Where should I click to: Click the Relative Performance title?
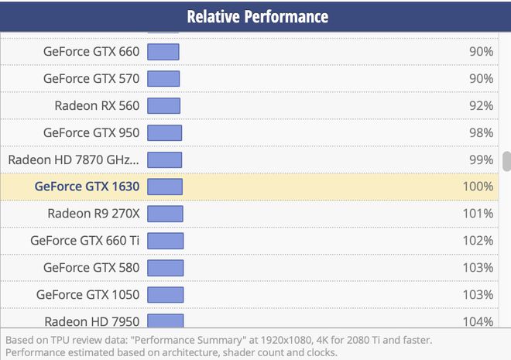tap(257, 17)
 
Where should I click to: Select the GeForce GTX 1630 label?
tap(87, 187)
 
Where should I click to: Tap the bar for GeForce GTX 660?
tap(163, 52)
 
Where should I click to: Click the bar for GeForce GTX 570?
tap(163, 79)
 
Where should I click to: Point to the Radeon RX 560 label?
tap(97, 105)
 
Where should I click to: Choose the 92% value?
tap(481, 105)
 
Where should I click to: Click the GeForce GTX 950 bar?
tap(164, 132)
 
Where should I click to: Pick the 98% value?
tap(481, 132)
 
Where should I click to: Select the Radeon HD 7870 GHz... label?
tap(74, 159)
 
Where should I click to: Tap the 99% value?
tap(481, 159)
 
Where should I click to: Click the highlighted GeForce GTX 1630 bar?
tap(165, 187)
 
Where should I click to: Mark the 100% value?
tap(478, 187)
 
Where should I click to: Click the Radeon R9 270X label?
tap(93, 214)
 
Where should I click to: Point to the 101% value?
tap(478, 214)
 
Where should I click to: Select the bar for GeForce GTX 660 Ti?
tap(165, 241)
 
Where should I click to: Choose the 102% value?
tap(478, 241)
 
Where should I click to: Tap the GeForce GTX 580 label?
tap(91, 268)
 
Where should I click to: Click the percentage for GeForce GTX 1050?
tap(478, 295)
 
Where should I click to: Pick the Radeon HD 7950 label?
tap(91, 321)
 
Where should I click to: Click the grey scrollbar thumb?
tap(506, 161)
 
